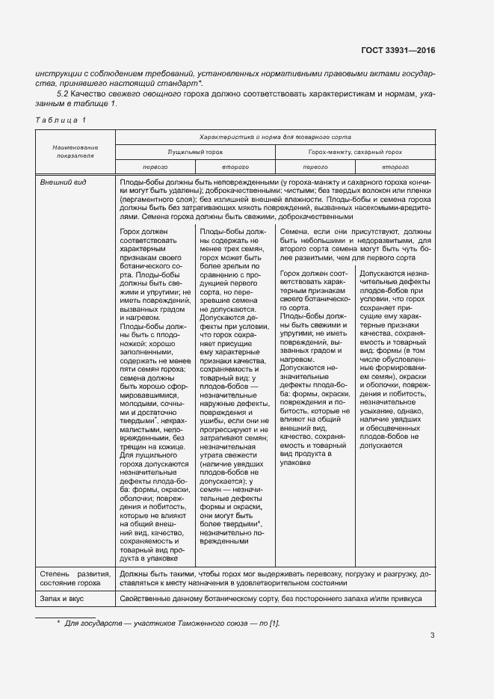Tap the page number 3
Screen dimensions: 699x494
(x=432, y=636)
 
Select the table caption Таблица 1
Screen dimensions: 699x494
(x=61, y=120)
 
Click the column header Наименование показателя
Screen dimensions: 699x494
(x=75, y=153)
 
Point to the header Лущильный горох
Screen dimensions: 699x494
(x=194, y=151)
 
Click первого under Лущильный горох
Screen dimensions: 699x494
(x=155, y=167)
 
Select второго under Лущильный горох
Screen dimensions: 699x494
(x=235, y=167)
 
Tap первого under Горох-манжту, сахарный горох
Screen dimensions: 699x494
(x=316, y=167)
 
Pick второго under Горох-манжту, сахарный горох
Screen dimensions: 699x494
(x=395, y=167)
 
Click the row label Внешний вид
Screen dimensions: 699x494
(x=62, y=182)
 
